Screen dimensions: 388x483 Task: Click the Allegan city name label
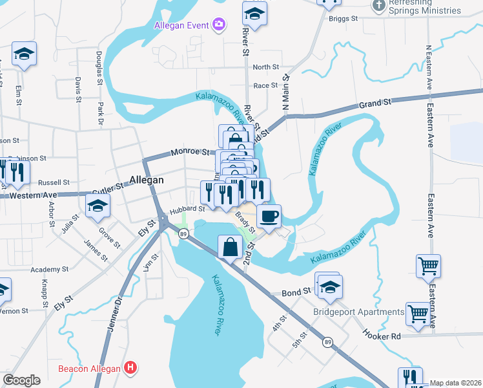pos(147,180)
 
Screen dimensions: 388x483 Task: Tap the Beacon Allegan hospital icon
pos(131,369)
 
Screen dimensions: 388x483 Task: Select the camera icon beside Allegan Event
pos(219,25)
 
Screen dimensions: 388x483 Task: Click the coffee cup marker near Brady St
pos(269,216)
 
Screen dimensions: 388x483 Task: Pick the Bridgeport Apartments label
pos(359,312)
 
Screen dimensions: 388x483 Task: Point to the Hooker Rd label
pos(382,336)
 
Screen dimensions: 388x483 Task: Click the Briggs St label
pos(343,19)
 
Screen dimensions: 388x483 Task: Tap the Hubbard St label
pos(187,209)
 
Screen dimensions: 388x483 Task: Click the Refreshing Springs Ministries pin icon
pos(379,5)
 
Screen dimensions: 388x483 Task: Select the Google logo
pos(21,380)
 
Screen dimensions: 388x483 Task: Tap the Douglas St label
pos(99,69)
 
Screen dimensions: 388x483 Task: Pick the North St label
pos(265,67)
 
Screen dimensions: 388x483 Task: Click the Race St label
pos(265,85)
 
